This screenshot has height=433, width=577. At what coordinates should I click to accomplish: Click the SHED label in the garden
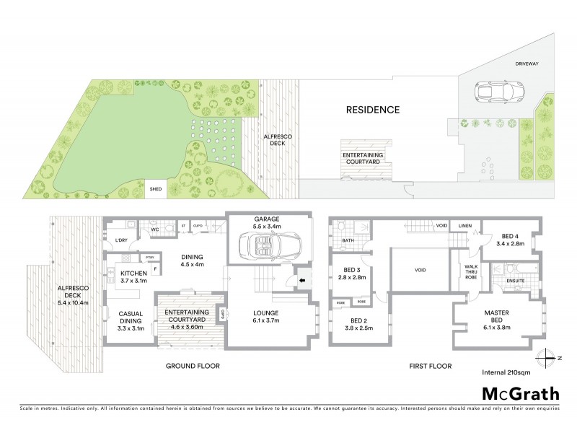[x=156, y=191]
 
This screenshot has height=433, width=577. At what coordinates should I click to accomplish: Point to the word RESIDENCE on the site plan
[x=372, y=110]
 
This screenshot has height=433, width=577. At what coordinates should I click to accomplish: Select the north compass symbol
[x=547, y=357]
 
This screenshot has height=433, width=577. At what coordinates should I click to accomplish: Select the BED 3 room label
[x=353, y=272]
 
